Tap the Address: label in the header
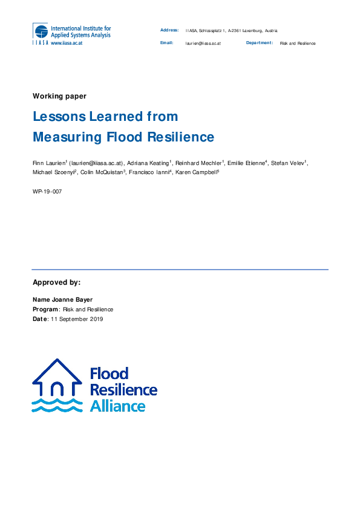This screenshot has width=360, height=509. (x=169, y=30)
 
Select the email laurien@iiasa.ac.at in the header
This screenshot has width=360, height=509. (x=203, y=44)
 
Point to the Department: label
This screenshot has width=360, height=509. (x=260, y=44)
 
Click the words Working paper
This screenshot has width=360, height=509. (x=59, y=96)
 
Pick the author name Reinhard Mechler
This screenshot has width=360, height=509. (x=200, y=163)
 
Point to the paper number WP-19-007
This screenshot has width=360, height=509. (x=47, y=191)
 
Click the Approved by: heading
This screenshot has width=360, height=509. (x=56, y=282)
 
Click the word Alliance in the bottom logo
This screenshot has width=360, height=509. (x=117, y=406)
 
